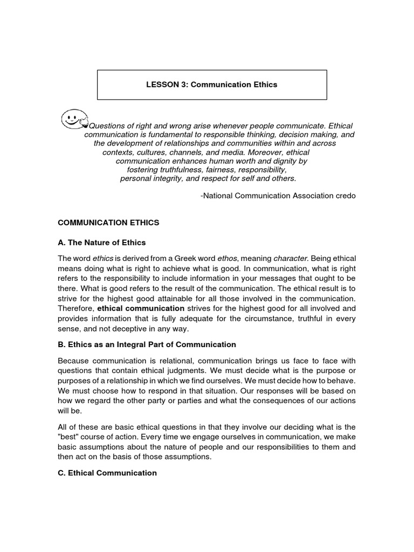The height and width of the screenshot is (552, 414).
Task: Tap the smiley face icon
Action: pyautogui.click(x=74, y=119)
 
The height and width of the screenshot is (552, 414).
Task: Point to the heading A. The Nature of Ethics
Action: pyautogui.click(x=102, y=242)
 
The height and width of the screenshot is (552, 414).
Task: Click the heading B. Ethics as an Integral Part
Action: pyautogui.click(x=147, y=344)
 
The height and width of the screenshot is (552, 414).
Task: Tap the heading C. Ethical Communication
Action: pyautogui.click(x=107, y=473)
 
